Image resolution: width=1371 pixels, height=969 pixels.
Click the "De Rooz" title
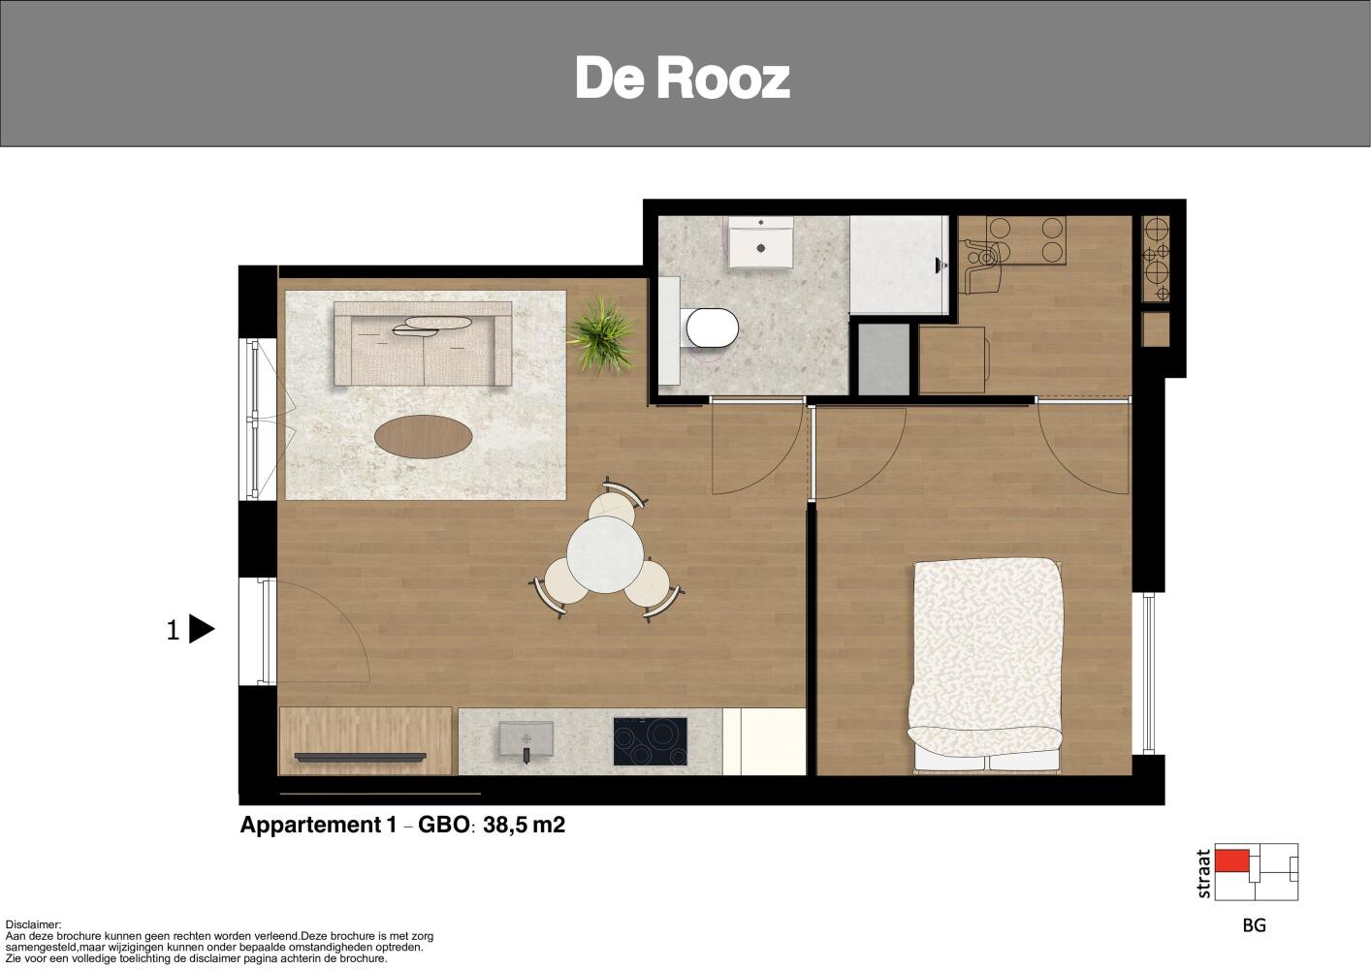[683, 78]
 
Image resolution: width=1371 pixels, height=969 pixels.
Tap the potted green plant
[601, 335]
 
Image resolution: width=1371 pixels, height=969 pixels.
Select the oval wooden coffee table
[423, 436]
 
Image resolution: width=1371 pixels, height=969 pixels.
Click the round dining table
[605, 555]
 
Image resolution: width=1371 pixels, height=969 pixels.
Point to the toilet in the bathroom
[711, 328]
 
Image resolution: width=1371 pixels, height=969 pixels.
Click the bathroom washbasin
[760, 242]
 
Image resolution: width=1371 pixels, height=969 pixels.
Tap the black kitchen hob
[650, 741]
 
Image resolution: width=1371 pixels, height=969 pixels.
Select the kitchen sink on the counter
[526, 739]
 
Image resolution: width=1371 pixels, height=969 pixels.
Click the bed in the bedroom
[987, 665]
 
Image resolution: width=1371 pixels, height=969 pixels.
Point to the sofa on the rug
[423, 344]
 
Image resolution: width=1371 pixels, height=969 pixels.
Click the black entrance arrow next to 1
[202, 629]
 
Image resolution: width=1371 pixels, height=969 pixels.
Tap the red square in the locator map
[1231, 860]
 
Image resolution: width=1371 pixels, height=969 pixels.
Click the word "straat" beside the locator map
[1203, 874]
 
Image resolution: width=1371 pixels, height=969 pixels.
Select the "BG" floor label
[1254, 925]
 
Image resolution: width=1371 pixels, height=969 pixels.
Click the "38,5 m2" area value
[524, 826]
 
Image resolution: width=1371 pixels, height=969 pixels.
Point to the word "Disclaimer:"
[34, 925]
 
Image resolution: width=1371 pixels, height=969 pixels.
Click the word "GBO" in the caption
[444, 825]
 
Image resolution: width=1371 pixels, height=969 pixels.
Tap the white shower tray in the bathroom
[898, 265]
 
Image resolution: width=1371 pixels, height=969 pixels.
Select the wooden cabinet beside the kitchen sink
[366, 741]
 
